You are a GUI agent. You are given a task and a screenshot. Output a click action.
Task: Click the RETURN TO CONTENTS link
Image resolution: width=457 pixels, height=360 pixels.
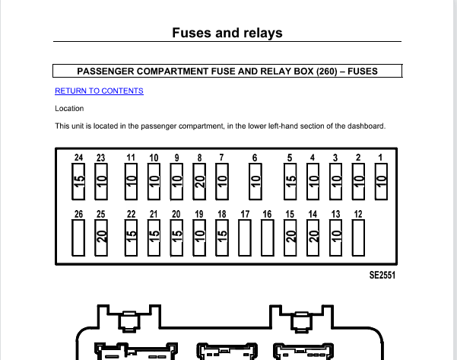pyautogui.click(x=99, y=91)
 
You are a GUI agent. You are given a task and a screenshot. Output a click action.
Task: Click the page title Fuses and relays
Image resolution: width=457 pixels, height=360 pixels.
pyautogui.click(x=227, y=33)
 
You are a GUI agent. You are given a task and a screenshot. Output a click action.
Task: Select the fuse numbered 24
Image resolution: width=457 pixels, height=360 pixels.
pyautogui.click(x=78, y=181)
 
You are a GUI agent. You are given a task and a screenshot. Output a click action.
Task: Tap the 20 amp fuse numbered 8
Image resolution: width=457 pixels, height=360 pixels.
pyautogui.click(x=199, y=181)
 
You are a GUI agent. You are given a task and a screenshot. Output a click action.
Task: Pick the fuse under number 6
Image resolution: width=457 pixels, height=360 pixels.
pyautogui.click(x=255, y=181)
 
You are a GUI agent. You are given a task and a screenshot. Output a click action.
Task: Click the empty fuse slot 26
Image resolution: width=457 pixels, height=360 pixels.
pyautogui.click(x=78, y=237)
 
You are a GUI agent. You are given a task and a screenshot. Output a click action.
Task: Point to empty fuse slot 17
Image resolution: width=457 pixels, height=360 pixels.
pyautogui.click(x=245, y=237)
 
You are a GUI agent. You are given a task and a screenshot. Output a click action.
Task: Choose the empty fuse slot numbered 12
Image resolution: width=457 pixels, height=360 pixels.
pyautogui.click(x=358, y=237)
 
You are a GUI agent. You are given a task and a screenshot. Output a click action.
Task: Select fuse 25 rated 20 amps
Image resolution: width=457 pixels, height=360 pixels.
pyautogui.click(x=101, y=237)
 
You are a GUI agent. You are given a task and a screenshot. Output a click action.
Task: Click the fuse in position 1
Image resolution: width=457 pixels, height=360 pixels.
pyautogui.click(x=381, y=181)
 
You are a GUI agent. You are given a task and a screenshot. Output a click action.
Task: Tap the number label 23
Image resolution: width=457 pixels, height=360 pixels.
pyautogui.click(x=101, y=158)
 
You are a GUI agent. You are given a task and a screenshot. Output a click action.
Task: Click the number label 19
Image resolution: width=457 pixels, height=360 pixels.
pyautogui.click(x=199, y=215)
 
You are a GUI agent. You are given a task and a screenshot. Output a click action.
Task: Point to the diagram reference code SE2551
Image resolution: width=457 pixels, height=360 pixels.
pyautogui.click(x=382, y=275)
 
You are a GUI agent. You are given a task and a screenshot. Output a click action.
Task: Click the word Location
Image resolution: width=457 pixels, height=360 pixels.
pyautogui.click(x=69, y=109)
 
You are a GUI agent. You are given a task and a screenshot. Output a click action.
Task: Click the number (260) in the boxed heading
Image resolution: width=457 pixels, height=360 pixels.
pyautogui.click(x=327, y=72)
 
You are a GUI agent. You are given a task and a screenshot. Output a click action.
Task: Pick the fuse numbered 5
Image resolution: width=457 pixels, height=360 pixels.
pyautogui.click(x=290, y=181)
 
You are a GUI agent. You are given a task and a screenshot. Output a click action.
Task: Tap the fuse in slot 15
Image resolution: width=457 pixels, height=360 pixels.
pyautogui.click(x=290, y=237)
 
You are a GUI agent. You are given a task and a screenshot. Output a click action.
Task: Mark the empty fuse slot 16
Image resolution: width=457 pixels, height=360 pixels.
pyautogui.click(x=268, y=237)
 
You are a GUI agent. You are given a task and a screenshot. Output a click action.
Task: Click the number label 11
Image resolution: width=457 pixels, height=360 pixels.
pyautogui.click(x=131, y=158)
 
